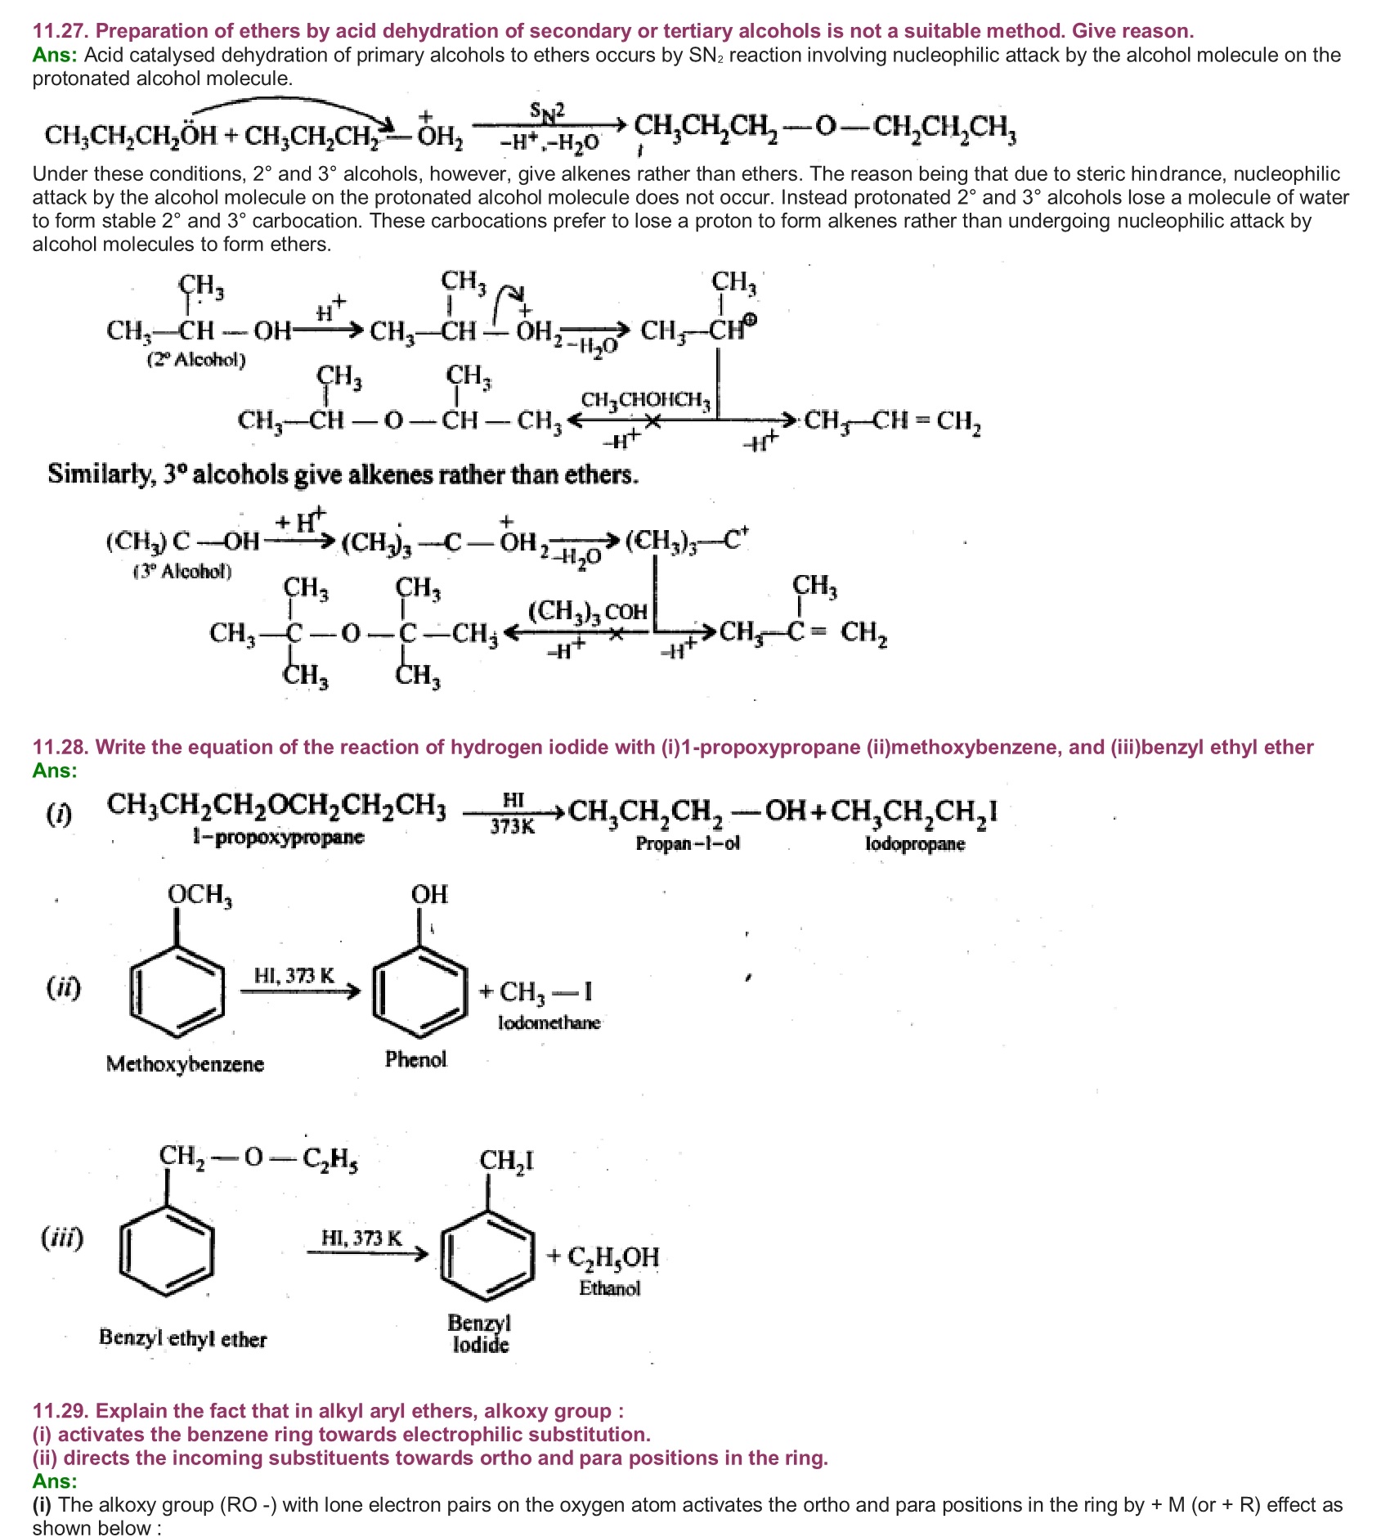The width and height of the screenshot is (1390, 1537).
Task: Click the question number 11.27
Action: [61, 31]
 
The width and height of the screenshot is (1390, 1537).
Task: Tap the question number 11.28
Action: [61, 747]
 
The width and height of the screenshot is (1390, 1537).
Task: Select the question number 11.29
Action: [61, 1410]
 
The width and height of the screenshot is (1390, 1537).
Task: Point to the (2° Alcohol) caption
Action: [196, 359]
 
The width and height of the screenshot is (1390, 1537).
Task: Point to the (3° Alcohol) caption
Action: [182, 571]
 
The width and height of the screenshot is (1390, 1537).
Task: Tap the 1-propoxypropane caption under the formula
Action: [278, 837]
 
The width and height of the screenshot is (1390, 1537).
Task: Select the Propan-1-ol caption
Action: [688, 843]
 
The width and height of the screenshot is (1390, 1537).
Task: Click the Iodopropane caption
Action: [915, 843]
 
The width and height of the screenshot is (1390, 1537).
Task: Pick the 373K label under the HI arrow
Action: [513, 826]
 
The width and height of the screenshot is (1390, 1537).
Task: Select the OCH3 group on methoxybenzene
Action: [200, 895]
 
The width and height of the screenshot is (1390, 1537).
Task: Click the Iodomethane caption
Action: [549, 1022]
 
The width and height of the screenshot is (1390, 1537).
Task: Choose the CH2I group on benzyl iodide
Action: [506, 1161]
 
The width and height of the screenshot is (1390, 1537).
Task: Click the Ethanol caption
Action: [609, 1288]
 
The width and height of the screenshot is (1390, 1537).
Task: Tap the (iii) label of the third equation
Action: [62, 1238]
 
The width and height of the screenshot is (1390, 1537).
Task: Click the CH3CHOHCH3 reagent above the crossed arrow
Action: [646, 400]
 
